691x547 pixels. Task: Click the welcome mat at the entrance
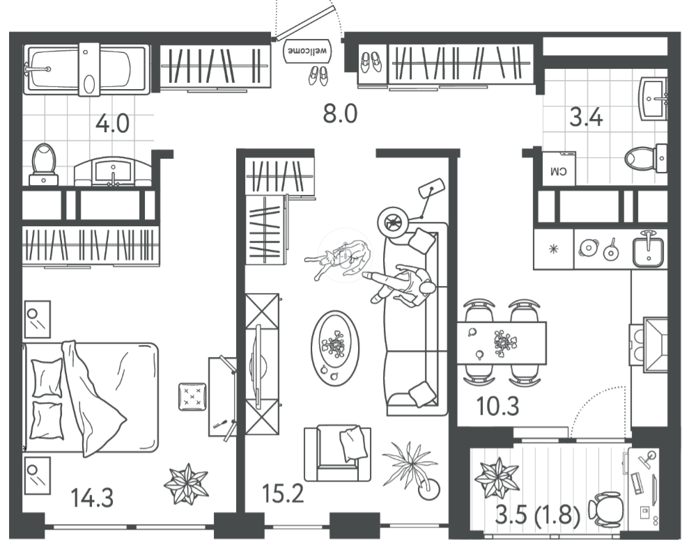click(308, 51)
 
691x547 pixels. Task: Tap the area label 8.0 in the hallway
click(340, 113)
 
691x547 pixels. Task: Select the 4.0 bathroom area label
click(112, 123)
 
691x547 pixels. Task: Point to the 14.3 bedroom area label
click(92, 498)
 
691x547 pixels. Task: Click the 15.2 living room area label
click(283, 493)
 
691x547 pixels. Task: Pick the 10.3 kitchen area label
click(498, 406)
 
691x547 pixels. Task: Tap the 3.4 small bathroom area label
click(586, 118)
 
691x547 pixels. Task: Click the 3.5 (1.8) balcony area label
click(538, 515)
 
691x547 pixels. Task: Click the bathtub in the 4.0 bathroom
click(86, 69)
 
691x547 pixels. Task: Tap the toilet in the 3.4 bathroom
click(646, 158)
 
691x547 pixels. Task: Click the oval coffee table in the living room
click(335, 348)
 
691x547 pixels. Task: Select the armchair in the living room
click(338, 453)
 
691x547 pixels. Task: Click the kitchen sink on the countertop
click(649, 248)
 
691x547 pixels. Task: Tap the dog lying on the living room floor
click(339, 259)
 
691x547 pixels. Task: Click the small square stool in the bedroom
click(192, 397)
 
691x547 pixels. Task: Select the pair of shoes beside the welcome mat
click(318, 75)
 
